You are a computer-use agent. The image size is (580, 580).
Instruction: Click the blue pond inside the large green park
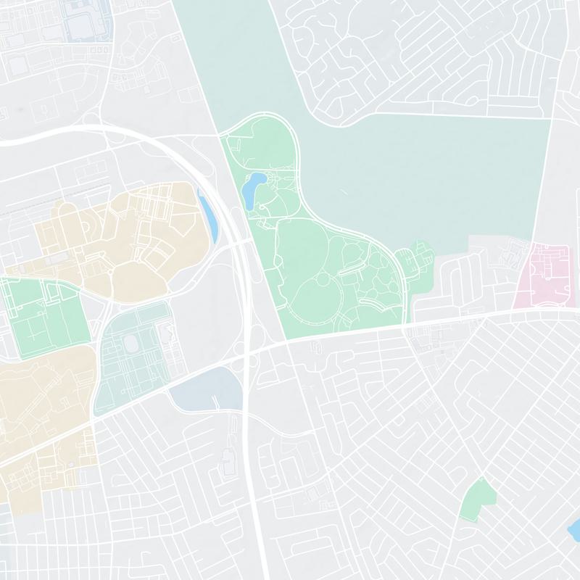254,189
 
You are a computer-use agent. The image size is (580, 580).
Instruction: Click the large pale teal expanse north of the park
435,167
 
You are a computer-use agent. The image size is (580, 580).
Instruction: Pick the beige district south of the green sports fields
43,406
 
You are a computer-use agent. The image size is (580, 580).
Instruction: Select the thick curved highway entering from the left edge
43,137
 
